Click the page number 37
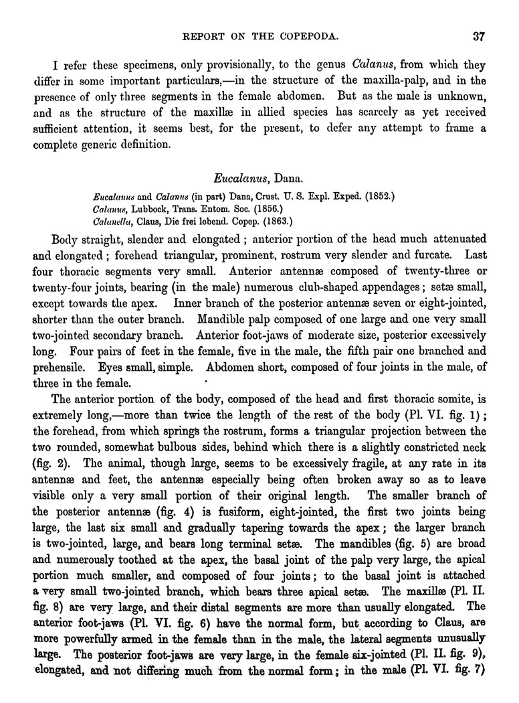[477, 35]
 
